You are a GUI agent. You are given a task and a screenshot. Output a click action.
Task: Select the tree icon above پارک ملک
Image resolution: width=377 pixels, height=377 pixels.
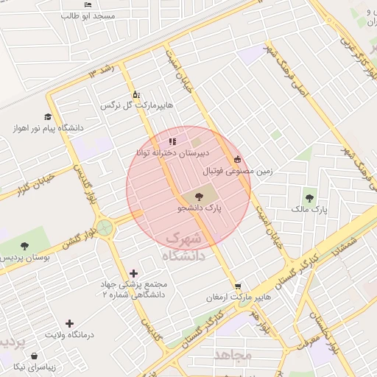point(309,197)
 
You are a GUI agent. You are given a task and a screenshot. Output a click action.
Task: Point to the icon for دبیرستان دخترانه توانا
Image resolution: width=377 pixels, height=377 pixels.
point(172,141)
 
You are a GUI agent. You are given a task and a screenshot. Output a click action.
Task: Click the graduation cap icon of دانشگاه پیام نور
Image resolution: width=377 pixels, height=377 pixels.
point(48,117)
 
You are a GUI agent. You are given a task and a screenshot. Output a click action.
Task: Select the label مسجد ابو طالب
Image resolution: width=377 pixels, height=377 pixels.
point(89,15)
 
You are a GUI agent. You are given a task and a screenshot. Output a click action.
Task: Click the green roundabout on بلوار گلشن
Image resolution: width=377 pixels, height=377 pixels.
point(105,228)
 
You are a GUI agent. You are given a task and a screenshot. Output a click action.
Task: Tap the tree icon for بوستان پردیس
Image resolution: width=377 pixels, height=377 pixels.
point(25,246)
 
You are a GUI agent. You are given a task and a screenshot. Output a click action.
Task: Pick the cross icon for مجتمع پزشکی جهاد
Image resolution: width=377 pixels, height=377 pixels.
point(133,273)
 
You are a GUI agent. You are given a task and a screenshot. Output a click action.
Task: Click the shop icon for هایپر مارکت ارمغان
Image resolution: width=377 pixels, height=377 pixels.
point(237,286)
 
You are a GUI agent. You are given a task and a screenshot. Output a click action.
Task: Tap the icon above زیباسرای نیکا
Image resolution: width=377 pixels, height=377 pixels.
point(35,356)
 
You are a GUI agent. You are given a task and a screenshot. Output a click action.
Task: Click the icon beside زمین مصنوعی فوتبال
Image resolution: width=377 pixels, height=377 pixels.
point(237,159)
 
